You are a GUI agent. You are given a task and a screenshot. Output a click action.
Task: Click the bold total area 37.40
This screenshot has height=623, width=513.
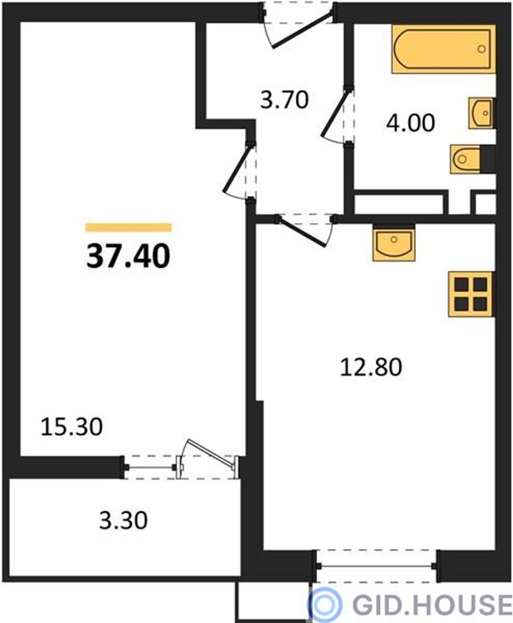pos(128,256)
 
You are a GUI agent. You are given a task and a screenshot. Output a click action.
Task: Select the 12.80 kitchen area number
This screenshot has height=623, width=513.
pos(371,367)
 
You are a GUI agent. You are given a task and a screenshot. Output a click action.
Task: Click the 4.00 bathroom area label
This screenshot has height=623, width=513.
pos(410,123)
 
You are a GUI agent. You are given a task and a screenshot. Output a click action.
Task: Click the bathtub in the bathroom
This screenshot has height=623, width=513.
pos(444,49)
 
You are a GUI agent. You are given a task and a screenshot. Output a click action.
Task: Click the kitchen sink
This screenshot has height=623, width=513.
pos(394,243)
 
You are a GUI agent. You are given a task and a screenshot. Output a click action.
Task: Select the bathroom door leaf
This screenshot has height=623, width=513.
pos(336,113)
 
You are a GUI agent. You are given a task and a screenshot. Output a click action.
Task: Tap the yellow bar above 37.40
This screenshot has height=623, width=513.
pos(129,228)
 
